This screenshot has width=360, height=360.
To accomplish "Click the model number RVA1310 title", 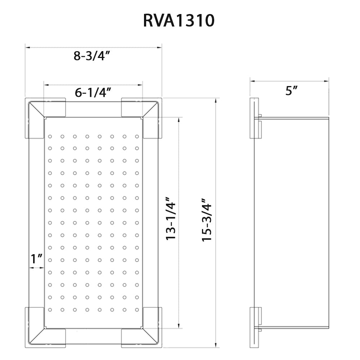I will click(179, 21).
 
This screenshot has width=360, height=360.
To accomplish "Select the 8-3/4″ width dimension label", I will click(92, 55).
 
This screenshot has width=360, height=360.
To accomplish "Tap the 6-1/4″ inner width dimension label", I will click(92, 93).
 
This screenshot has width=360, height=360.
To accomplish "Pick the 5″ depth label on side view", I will click(291, 91).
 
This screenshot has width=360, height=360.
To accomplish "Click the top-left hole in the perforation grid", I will click(50, 136).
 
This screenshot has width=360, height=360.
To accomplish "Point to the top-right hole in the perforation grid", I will click(137, 136).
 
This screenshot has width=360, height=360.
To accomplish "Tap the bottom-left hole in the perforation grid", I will click(50, 310).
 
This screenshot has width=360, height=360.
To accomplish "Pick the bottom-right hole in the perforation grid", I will click(137, 310).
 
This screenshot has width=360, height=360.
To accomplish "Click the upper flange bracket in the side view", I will click(256, 118).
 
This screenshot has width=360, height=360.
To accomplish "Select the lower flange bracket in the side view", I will click(256, 328).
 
